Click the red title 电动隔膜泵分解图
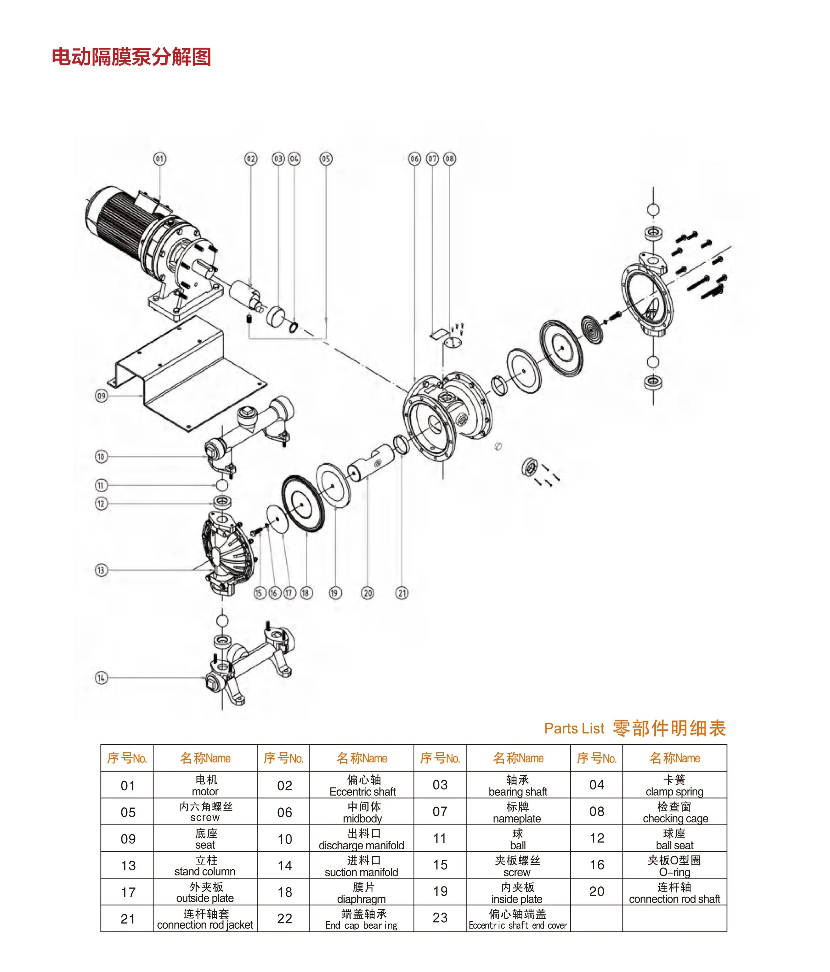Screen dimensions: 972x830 pyautogui.click(x=131, y=57)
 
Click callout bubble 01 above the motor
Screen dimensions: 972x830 pyautogui.click(x=160, y=158)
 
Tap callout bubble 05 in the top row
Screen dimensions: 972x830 pyautogui.click(x=326, y=158)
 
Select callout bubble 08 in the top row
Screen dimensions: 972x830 pyautogui.click(x=449, y=158)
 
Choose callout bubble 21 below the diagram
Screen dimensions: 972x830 pyautogui.click(x=402, y=593)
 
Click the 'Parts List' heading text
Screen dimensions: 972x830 pyautogui.click(x=574, y=728)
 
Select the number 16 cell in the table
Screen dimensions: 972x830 pyautogui.click(x=596, y=864)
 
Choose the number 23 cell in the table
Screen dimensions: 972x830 pyautogui.click(x=440, y=918)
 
